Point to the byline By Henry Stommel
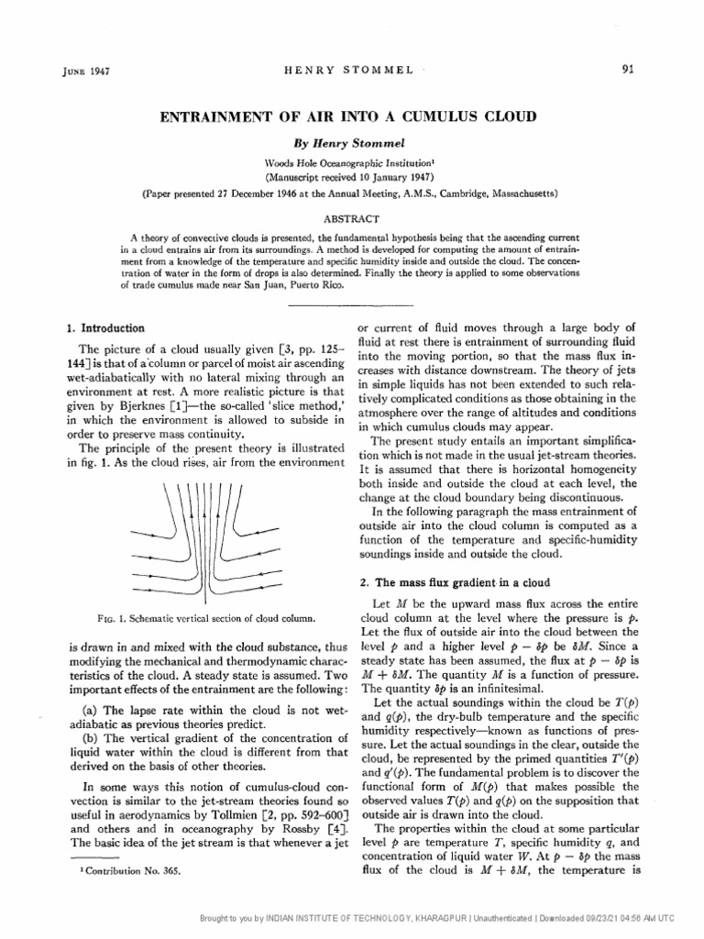coord(352,144)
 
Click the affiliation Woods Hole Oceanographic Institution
coord(351,161)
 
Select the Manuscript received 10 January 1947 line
coord(351,176)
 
